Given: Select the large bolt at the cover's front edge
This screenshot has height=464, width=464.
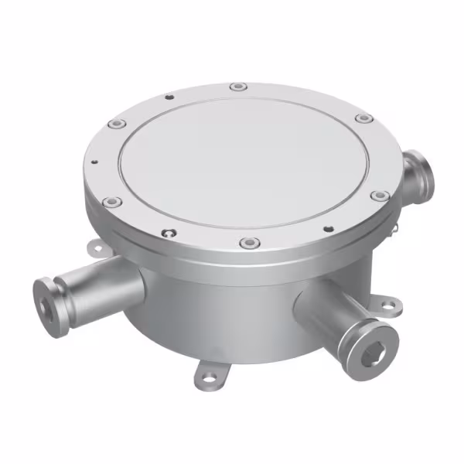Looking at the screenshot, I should click(x=247, y=244).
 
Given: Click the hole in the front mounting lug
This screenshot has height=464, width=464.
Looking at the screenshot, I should click(x=208, y=378).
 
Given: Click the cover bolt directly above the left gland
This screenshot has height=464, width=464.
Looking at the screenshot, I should click(x=114, y=203).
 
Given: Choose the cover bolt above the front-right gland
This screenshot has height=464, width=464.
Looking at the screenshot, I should click(x=378, y=196).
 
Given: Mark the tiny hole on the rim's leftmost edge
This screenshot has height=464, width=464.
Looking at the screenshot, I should click(x=94, y=162).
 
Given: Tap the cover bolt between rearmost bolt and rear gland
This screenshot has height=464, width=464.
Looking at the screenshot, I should click(x=363, y=118).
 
